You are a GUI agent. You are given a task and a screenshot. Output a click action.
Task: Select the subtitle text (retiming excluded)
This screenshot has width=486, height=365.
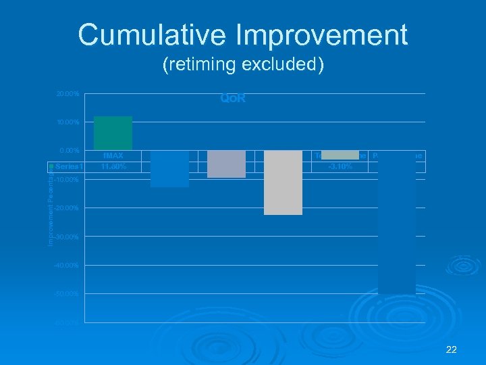[243, 65]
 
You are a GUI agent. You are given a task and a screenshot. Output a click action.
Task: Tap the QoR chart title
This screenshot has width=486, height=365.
[233, 99]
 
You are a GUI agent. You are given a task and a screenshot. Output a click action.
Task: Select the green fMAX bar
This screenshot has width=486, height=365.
[113, 133]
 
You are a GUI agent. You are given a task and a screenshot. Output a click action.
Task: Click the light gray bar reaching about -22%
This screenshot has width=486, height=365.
[283, 182]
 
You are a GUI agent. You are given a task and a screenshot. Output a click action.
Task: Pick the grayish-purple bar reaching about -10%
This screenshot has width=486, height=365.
[226, 164]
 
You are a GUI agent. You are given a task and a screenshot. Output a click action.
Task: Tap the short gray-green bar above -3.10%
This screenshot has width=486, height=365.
[340, 154]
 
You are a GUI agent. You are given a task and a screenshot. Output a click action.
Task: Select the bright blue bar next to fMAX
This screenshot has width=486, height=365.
[169, 168]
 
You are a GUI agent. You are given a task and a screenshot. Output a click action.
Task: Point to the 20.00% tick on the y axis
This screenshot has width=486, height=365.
[67, 93]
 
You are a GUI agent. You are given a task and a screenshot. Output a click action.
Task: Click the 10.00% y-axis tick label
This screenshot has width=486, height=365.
[67, 122]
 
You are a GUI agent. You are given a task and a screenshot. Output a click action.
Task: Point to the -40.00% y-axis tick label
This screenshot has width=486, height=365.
[67, 266]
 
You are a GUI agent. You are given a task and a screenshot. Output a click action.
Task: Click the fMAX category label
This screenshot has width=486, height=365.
[113, 156]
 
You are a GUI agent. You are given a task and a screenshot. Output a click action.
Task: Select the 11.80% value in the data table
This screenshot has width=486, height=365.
[113, 166]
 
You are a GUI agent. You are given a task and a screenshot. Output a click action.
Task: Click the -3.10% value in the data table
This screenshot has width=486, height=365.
[340, 166]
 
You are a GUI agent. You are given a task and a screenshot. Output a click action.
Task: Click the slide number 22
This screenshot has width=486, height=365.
[452, 349]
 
